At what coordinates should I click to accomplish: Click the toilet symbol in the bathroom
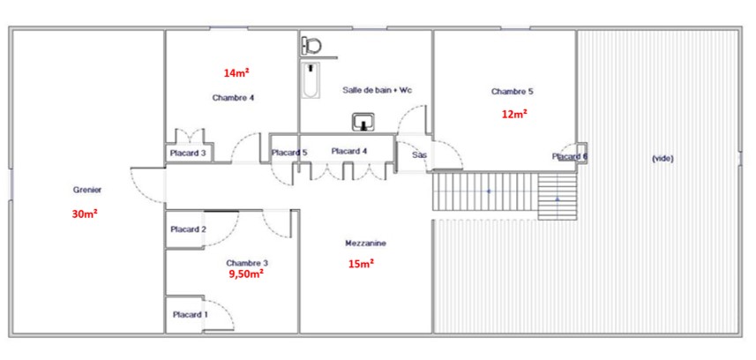[x=312, y=47]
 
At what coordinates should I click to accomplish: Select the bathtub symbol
[x=311, y=80]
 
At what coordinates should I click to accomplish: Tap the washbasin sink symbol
[x=363, y=122]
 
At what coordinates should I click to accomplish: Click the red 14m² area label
[x=236, y=73]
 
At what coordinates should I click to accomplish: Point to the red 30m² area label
[x=85, y=214]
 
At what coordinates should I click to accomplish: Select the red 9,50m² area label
[x=245, y=274]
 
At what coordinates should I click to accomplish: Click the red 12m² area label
[x=514, y=115]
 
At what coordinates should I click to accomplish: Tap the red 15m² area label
[x=362, y=264]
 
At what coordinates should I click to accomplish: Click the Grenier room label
[x=87, y=190]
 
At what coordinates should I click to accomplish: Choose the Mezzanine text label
[x=366, y=244]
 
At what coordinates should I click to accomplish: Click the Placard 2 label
[x=189, y=229]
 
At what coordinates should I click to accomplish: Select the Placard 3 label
[x=188, y=154]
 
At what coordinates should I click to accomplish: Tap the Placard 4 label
[x=349, y=151]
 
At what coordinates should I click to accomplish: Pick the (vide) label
[x=662, y=158]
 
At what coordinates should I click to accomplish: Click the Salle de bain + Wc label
[x=378, y=90]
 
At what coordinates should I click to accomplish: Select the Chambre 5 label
[x=512, y=91]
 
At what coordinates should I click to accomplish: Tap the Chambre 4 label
[x=234, y=97]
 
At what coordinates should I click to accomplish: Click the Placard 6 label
[x=570, y=156]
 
